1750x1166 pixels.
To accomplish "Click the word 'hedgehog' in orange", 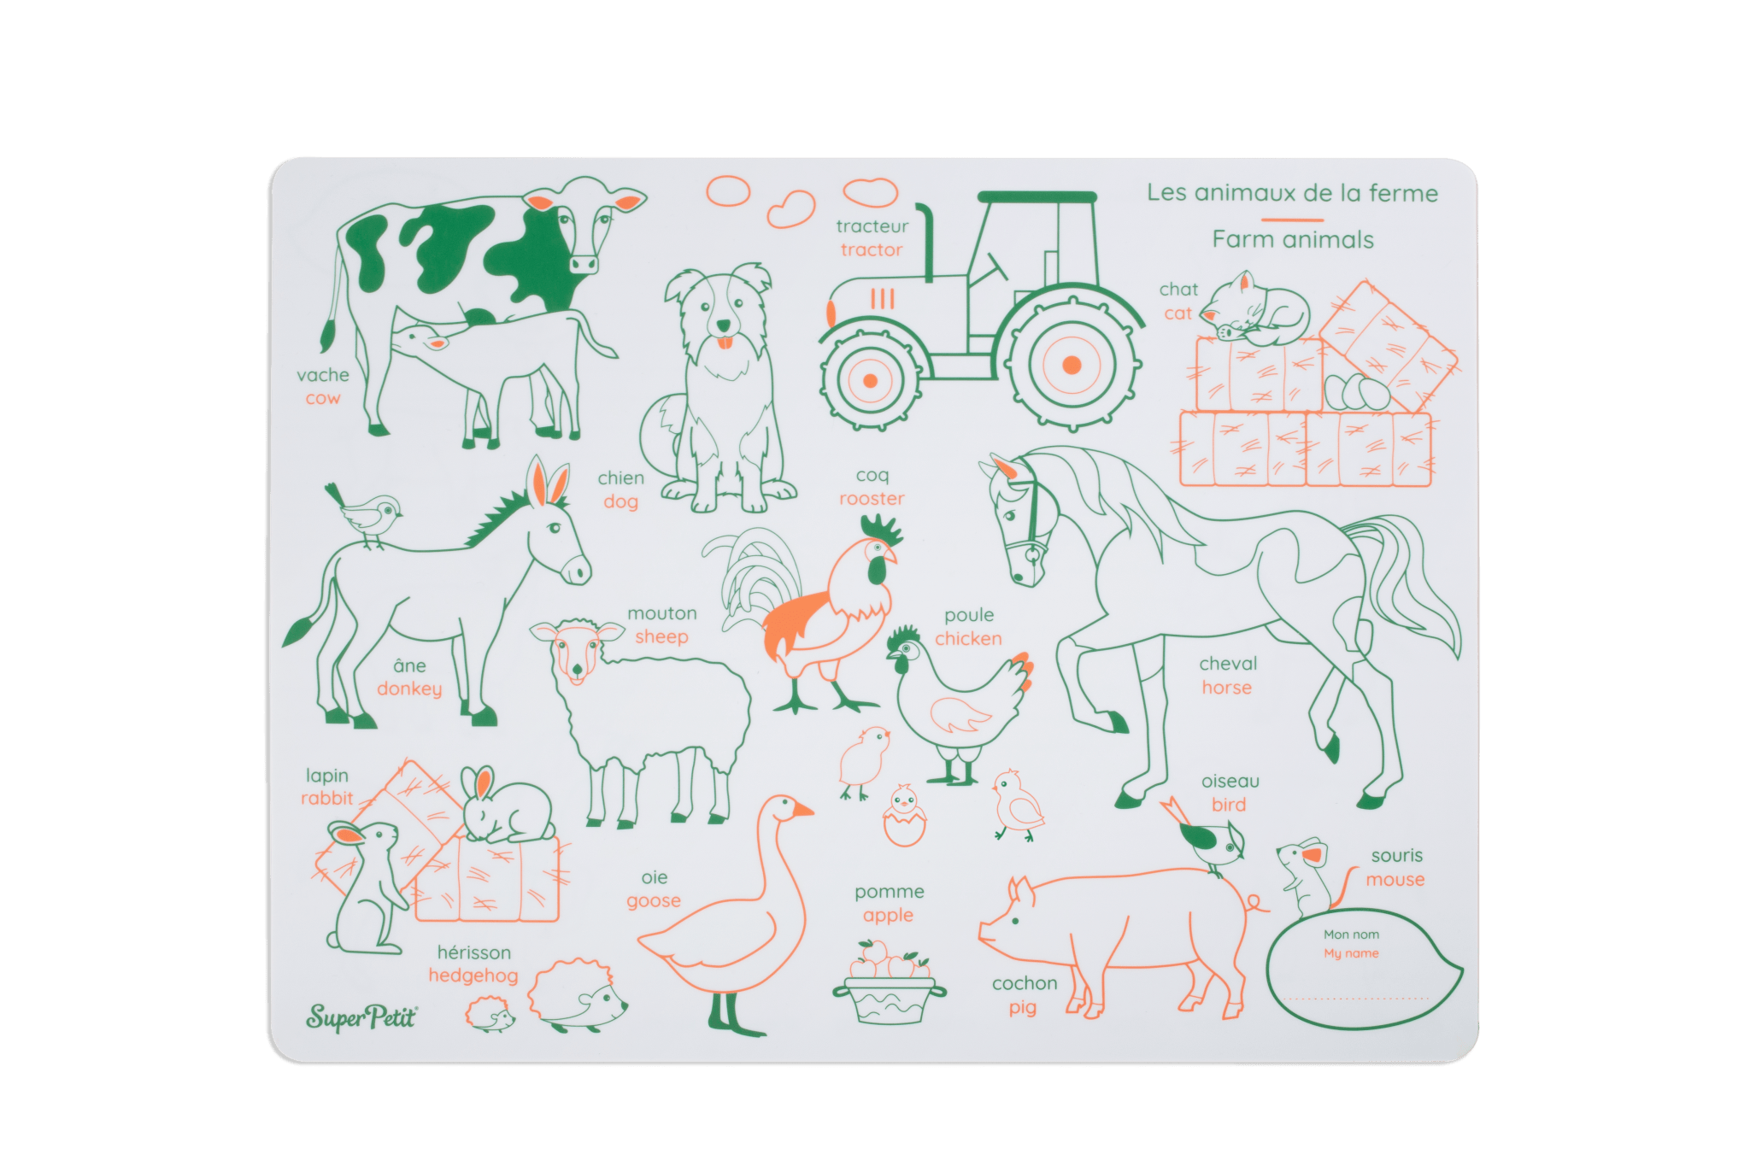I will pos(473,976).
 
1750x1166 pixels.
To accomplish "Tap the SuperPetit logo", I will pos(361,1017).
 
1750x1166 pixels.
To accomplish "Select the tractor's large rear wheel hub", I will pos(1071,365).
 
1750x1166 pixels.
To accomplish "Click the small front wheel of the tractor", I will pos(870,380).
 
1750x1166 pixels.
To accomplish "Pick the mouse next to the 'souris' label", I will pos(1306,876).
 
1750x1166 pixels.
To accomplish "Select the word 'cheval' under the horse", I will pos(1228,664).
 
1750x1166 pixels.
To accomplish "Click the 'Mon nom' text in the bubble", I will pos(1351,935).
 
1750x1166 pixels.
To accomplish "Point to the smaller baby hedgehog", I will pos(490,1016).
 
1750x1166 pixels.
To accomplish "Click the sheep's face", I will pos(576,653).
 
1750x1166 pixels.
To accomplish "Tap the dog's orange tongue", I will pos(724,343).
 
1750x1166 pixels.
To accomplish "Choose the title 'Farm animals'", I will pos(1292,240).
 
